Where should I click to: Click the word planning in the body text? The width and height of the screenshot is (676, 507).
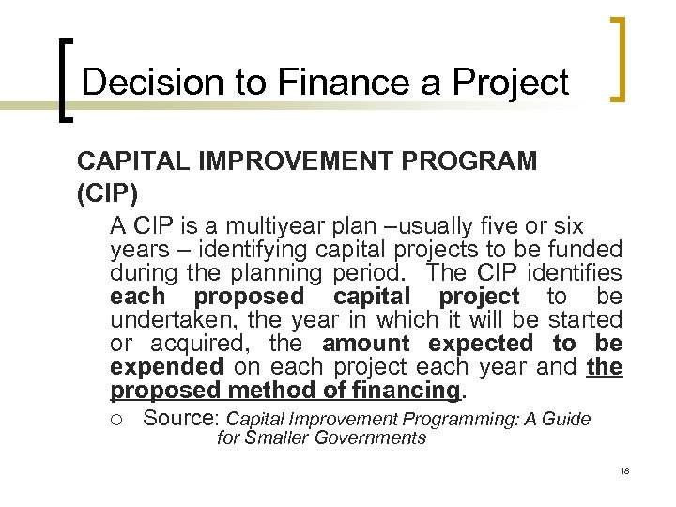coord(279,273)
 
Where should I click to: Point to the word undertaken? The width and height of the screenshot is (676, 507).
coord(165,320)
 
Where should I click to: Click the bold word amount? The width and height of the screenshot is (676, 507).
coord(365,344)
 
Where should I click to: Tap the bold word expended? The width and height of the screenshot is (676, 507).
coord(166,367)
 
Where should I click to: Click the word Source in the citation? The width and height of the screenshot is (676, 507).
coord(181,419)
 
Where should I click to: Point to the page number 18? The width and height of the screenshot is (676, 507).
coord(623,469)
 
